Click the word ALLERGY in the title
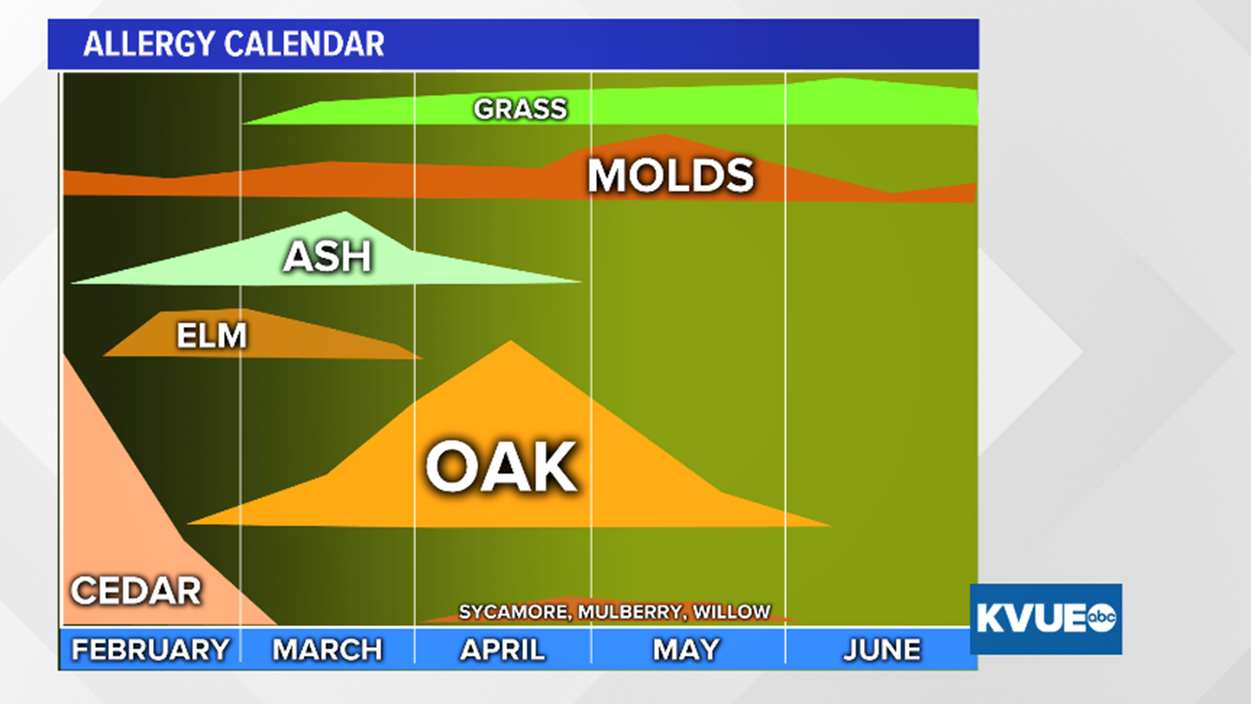149,44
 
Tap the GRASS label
520,109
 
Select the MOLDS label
670,176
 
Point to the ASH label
327,256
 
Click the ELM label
212,336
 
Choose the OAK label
501,467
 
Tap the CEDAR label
136,591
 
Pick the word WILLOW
732,612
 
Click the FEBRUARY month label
151,649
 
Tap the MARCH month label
327,649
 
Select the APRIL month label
502,649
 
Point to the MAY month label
686,649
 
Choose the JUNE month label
882,649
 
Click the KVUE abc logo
1045,618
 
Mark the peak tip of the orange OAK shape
511,342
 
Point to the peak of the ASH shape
345,213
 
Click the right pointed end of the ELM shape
420,357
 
